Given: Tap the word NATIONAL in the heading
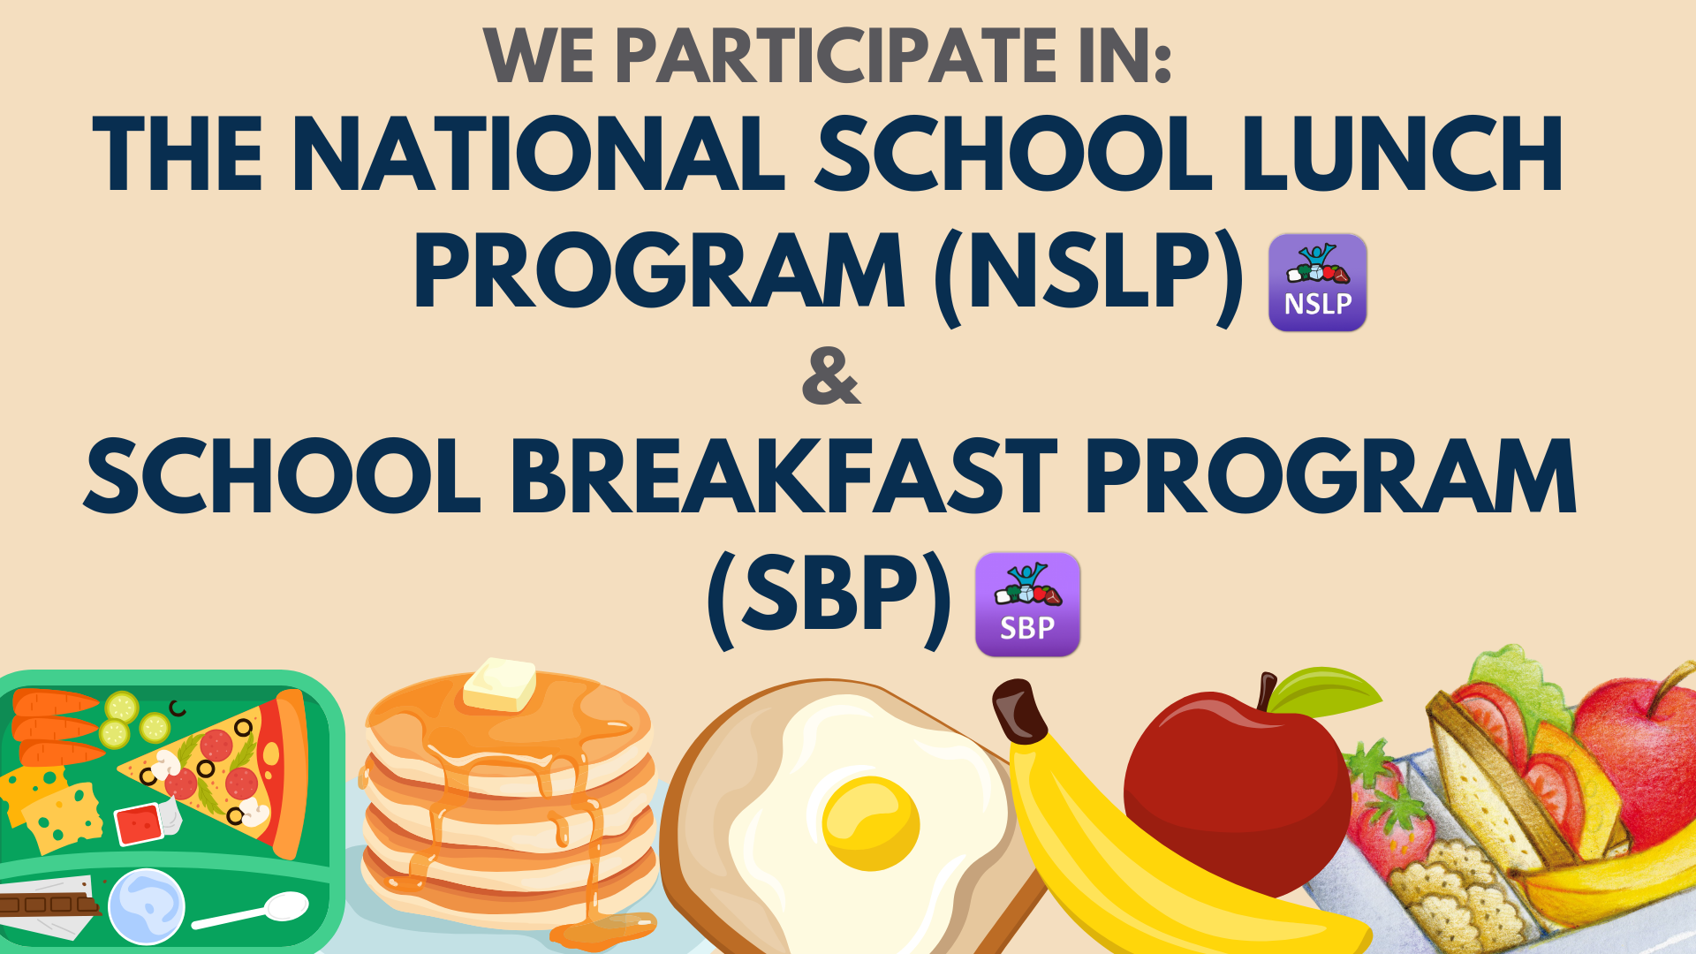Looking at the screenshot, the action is click(x=538, y=154).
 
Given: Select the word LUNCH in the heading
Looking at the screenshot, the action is click(x=1403, y=154).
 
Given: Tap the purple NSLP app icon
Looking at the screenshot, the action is click(x=1317, y=283).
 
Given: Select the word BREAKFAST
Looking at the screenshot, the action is click(x=784, y=477).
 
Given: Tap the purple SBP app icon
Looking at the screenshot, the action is click(x=1027, y=605).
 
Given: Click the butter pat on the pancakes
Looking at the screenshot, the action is click(x=499, y=684).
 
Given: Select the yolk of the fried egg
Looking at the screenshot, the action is click(x=871, y=823).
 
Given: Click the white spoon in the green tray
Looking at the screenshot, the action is click(x=251, y=911).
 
